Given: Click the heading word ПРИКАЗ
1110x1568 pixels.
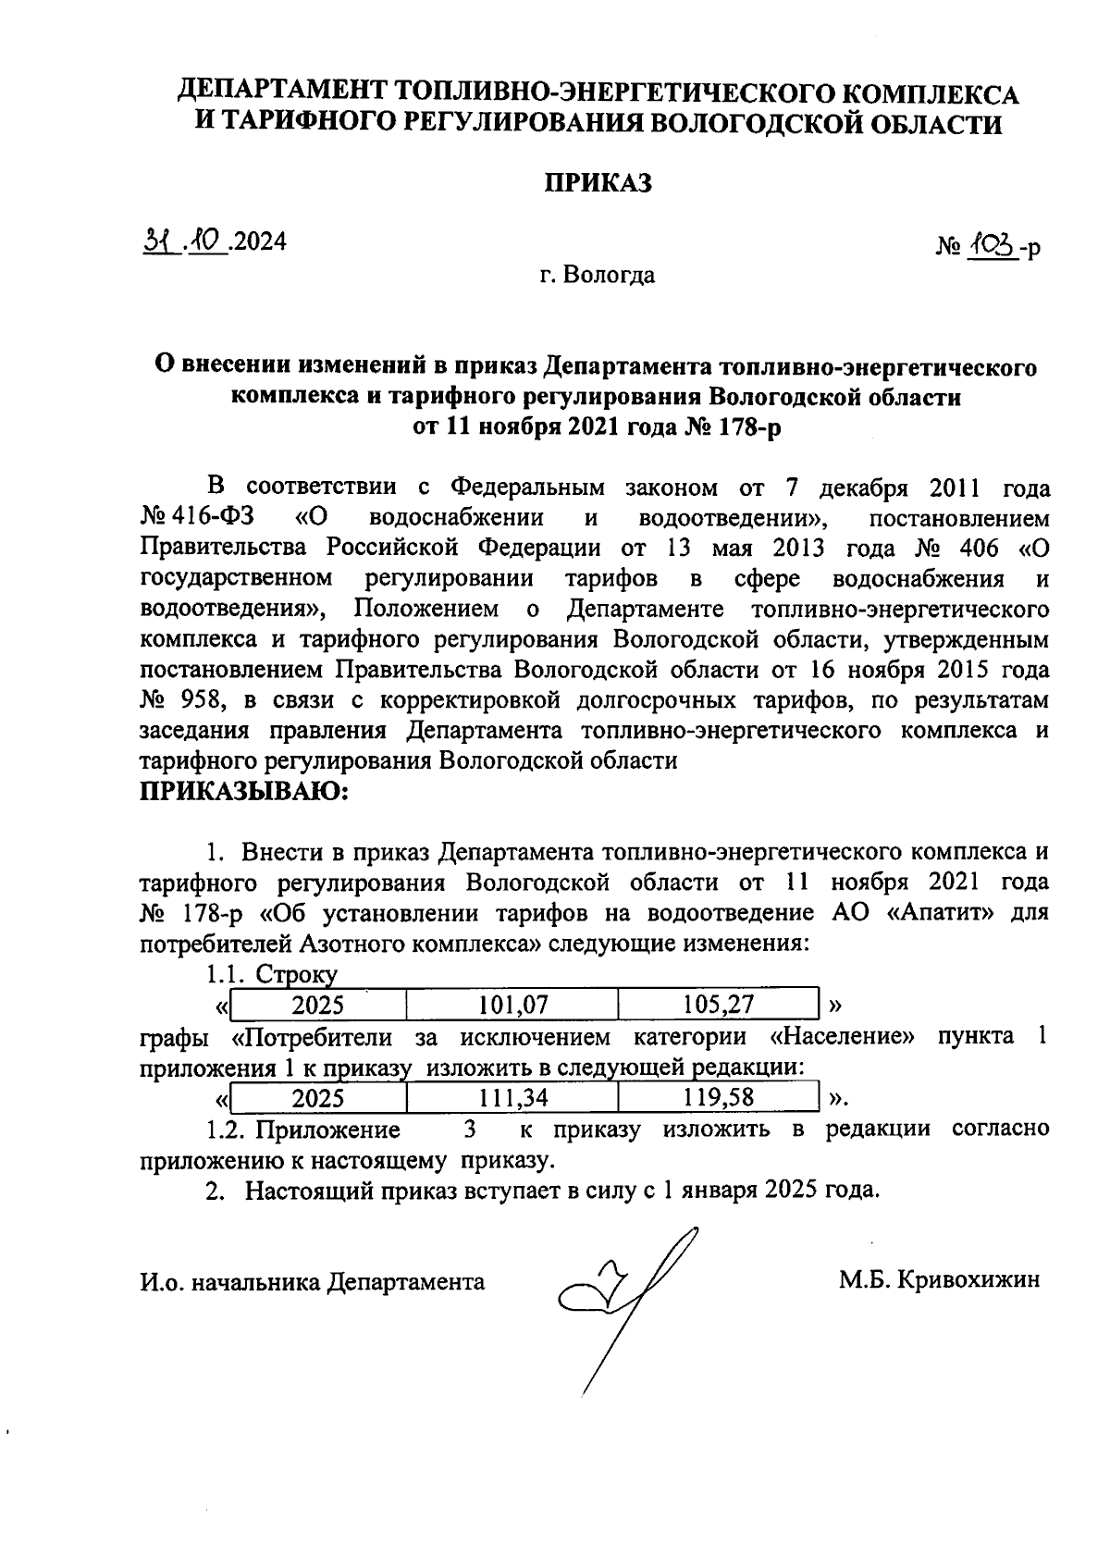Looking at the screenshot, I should tap(597, 183).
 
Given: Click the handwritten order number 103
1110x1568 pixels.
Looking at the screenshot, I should tap(993, 244).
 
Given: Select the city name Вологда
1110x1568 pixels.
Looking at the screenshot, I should tap(610, 275).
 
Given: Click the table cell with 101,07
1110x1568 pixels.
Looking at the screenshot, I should tap(512, 1005).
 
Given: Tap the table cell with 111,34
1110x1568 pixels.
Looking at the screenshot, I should tap(512, 1097).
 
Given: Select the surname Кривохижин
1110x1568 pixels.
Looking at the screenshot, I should tap(968, 1280).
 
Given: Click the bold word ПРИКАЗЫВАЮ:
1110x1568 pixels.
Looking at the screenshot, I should tap(242, 793).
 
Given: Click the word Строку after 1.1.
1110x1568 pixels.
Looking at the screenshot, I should tap(296, 974).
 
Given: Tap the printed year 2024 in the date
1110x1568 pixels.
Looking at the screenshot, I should tap(260, 241).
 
